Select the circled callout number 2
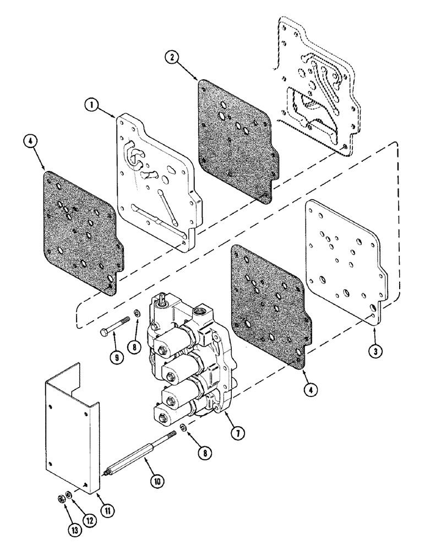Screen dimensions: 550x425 tap(173, 57)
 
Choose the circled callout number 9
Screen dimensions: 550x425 tap(116, 356)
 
